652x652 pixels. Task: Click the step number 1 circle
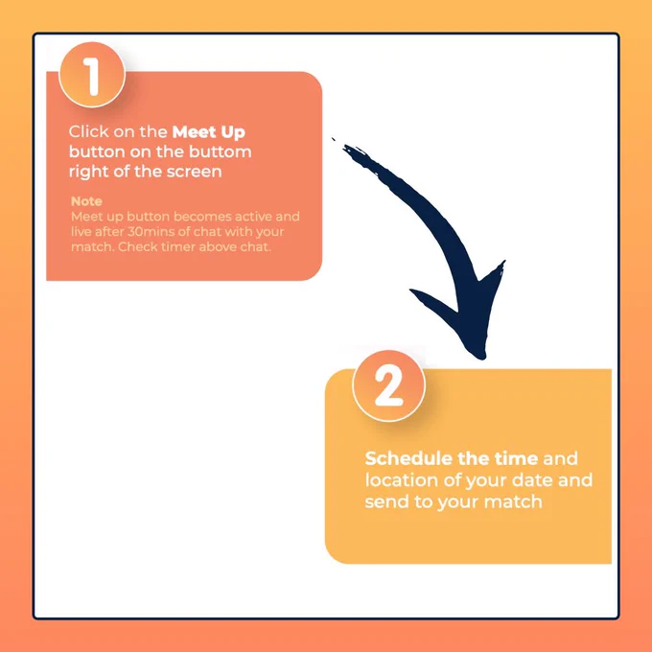coord(92,75)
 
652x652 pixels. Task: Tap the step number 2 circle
coord(388,385)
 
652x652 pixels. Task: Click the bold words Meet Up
coord(209,132)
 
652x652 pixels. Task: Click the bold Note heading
coord(86,201)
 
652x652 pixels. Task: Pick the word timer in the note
coord(178,247)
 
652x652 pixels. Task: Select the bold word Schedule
coord(408,458)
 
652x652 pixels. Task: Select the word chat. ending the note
coord(256,247)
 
